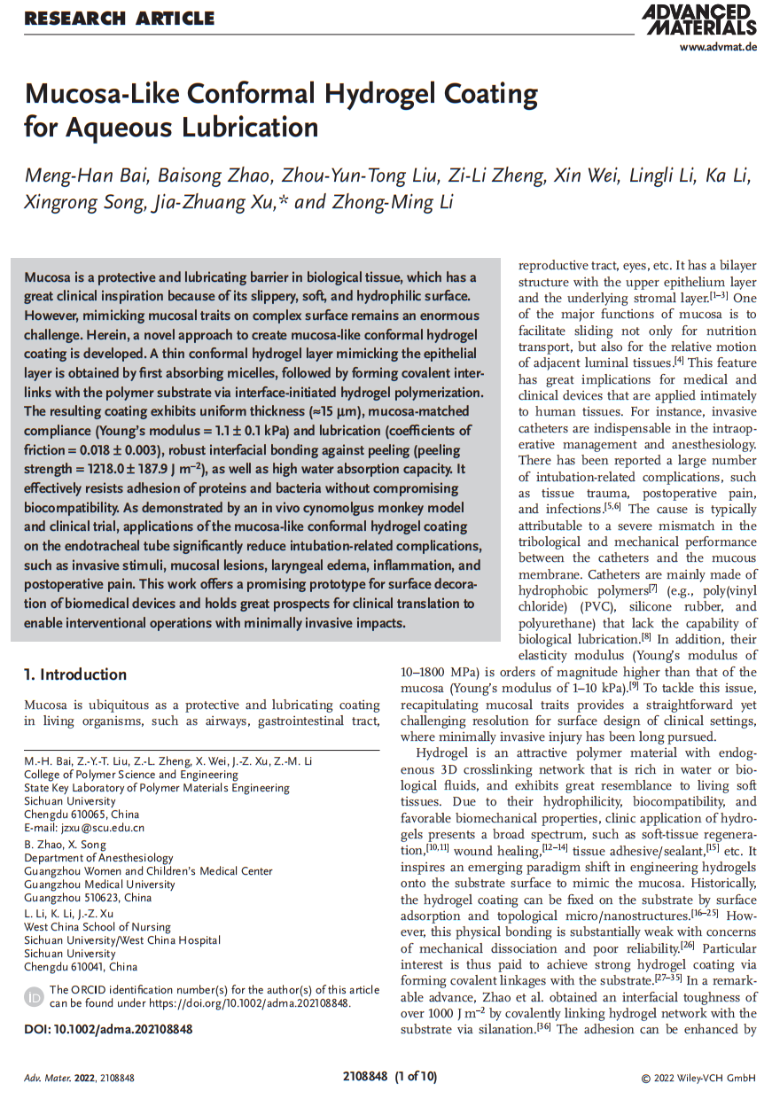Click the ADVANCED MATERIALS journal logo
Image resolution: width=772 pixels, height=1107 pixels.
699,19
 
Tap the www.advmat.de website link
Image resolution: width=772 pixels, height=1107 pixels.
718,47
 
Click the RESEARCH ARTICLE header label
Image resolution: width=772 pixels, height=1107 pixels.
120,18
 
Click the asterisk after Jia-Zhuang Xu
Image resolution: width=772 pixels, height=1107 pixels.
283,199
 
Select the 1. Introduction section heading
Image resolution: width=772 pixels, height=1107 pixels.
75,674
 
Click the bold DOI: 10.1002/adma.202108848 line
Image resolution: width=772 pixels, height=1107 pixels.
108,1029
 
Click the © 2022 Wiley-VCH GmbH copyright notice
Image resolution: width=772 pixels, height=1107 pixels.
698,1078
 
